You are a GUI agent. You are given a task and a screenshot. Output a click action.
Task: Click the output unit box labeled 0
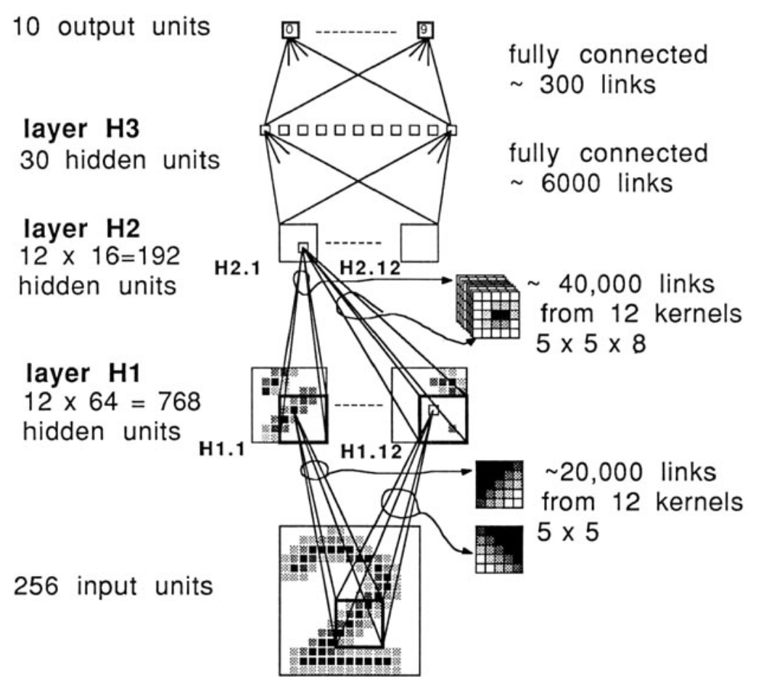click(290, 30)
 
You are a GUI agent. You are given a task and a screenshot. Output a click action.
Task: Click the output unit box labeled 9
click(424, 30)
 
